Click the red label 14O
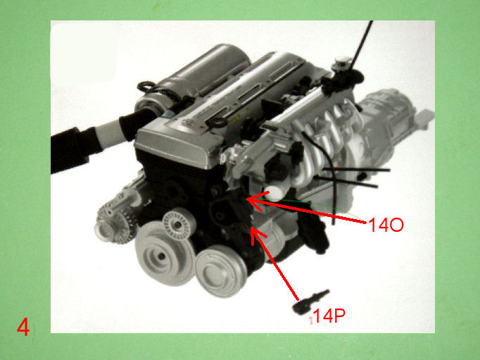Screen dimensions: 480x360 coord(386,225)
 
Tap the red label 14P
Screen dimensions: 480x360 coord(329,316)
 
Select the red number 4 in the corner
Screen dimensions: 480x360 coord(23,327)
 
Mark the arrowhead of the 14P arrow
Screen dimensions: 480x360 coord(256,235)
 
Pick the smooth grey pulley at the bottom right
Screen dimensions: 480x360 coord(221,271)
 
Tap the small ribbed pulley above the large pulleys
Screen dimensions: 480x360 coord(179,225)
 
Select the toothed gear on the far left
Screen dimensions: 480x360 coord(115,221)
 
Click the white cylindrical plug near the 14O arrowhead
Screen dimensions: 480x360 coord(274,192)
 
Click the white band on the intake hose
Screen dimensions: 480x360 coord(110,132)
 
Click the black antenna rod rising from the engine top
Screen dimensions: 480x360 coord(362,45)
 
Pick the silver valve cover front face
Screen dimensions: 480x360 coord(174,148)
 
